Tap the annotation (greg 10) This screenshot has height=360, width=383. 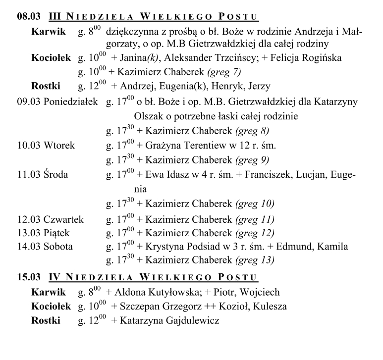(x=256, y=204)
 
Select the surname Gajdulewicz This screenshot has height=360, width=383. (x=184, y=321)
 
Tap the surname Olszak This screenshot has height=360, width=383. (x=148, y=117)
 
